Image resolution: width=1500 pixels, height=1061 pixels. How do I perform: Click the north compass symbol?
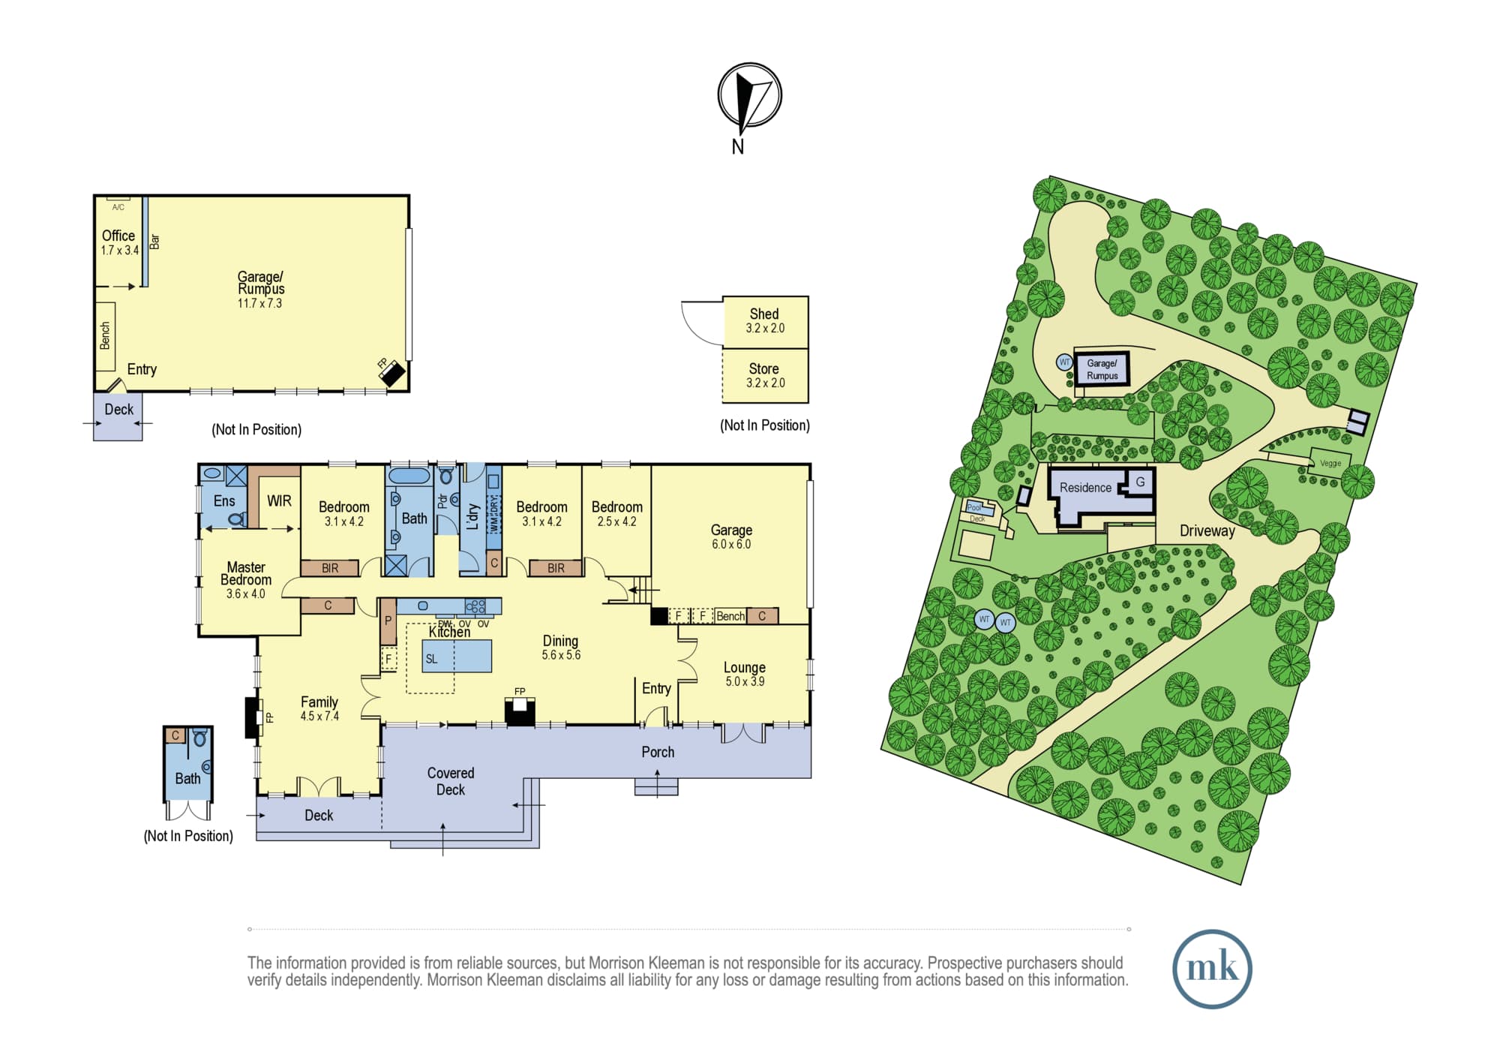(749, 96)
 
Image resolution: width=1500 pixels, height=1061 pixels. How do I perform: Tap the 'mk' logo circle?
(1212, 968)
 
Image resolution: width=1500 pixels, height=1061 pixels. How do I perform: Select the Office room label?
(119, 242)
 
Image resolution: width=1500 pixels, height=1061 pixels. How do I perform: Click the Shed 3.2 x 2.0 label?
(765, 320)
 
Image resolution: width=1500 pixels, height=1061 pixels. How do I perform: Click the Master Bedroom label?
(246, 579)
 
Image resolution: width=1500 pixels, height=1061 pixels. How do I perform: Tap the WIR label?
(279, 500)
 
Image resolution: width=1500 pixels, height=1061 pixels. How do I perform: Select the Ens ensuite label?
(224, 500)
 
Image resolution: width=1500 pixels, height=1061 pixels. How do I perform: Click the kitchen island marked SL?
(457, 656)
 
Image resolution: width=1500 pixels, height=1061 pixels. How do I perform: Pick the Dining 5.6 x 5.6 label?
(561, 647)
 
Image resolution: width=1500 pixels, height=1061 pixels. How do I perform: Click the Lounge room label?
(744, 674)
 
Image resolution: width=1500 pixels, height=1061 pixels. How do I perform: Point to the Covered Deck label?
(451, 781)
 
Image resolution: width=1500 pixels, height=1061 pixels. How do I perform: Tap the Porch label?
(658, 752)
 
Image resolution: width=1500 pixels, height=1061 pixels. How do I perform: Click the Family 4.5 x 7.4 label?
(319, 708)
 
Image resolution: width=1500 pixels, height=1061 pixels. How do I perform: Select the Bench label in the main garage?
(730, 616)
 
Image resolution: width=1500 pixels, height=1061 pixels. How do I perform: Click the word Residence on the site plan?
(1085, 488)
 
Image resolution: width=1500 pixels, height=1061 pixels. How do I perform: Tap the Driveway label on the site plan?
(1207, 530)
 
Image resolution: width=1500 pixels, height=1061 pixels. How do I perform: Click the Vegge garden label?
(1330, 463)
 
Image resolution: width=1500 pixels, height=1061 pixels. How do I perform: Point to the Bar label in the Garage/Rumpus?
(155, 242)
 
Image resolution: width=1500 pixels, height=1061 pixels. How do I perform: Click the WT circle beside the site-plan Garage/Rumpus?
(1064, 362)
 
